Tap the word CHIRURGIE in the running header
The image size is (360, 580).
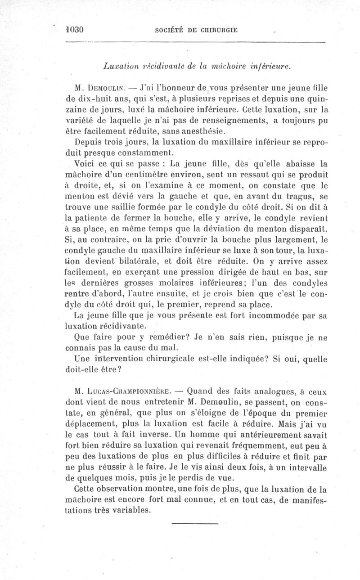click(x=218, y=30)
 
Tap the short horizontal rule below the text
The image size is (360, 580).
click(x=195, y=524)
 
